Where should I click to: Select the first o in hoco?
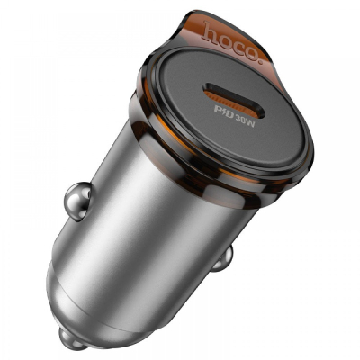[225, 39]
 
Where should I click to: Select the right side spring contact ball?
[222, 258]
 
